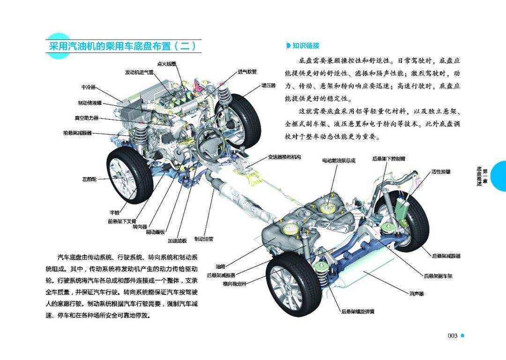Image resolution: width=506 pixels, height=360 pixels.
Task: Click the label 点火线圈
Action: tap(166, 64)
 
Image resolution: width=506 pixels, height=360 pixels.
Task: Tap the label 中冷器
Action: tap(88, 88)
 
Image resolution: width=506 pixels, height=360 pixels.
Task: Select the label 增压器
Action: tap(268, 86)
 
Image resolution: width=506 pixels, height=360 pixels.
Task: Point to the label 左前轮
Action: tap(89, 179)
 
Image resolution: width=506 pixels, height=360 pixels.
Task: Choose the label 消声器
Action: tap(417, 294)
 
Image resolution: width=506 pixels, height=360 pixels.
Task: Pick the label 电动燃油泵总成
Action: tap(338, 160)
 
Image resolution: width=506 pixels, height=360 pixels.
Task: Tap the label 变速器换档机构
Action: tap(284, 157)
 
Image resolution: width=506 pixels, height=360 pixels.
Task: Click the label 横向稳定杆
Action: tap(234, 284)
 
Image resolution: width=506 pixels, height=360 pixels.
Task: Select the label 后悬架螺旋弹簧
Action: tap(358, 311)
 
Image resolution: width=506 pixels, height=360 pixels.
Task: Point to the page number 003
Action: tap(452, 336)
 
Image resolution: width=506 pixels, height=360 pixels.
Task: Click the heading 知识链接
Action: tap(305, 45)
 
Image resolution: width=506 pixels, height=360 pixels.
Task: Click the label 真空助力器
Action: tap(87, 118)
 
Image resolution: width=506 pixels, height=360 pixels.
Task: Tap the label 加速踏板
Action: tap(178, 241)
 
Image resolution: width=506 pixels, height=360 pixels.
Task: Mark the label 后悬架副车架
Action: tap(438, 276)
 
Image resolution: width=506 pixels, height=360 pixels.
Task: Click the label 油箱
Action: tap(220, 266)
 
